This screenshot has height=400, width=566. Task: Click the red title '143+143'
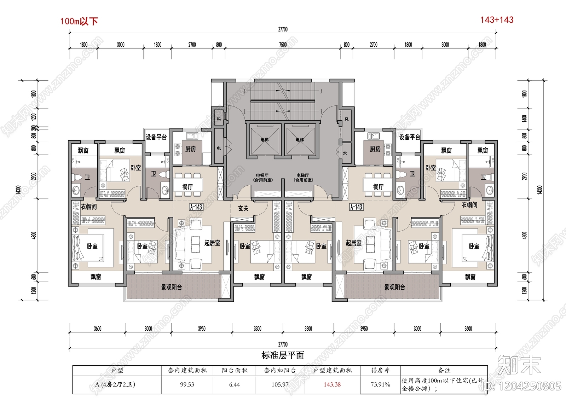(x=497, y=20)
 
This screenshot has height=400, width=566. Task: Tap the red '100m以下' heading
(x=79, y=21)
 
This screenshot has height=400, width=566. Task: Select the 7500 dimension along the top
(x=283, y=45)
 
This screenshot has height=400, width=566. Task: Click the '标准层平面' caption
(x=283, y=355)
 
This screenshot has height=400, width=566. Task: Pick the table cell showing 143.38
(x=332, y=384)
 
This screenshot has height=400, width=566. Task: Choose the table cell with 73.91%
(x=380, y=384)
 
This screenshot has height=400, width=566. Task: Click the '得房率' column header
(x=380, y=370)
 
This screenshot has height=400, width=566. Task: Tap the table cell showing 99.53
(x=187, y=384)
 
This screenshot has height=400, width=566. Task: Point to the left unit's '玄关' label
(x=243, y=208)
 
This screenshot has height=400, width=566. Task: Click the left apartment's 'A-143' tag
(x=196, y=207)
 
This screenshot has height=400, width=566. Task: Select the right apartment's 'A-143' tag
(x=356, y=207)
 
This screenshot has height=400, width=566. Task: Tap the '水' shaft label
(x=345, y=153)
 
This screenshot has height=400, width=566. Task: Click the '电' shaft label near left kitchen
(x=219, y=148)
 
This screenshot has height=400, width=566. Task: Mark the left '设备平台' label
(x=156, y=137)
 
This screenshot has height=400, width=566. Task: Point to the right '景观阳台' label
(x=394, y=287)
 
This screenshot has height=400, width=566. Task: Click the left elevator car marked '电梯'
(x=264, y=140)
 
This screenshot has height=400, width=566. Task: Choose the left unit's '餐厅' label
(x=187, y=186)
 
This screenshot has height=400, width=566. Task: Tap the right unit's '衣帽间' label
(x=469, y=205)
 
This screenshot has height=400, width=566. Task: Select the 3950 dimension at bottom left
(x=201, y=329)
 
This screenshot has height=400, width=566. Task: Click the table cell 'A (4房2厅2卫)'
(x=115, y=384)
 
